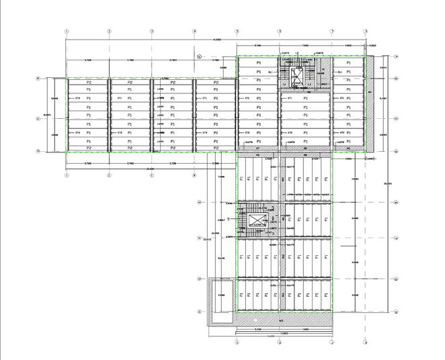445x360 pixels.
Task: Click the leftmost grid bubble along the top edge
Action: coord(67,31)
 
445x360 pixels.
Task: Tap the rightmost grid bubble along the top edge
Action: coord(365,31)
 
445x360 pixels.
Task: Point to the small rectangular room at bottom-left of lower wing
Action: coord(222,294)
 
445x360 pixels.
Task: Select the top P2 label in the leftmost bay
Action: coord(87,83)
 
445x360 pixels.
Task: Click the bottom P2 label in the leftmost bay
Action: coord(87,148)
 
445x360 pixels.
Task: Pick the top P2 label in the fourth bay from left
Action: coord(216,83)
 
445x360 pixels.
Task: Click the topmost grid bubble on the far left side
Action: coord(38,79)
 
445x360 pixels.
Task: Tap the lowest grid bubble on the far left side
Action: coord(38,151)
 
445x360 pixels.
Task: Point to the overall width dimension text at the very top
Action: coord(216,40)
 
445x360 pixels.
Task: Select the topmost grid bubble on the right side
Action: coord(397,57)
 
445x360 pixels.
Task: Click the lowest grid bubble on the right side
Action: coord(397,312)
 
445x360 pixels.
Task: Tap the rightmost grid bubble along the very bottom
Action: coord(365,342)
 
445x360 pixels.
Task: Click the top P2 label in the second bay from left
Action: coord(130,83)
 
